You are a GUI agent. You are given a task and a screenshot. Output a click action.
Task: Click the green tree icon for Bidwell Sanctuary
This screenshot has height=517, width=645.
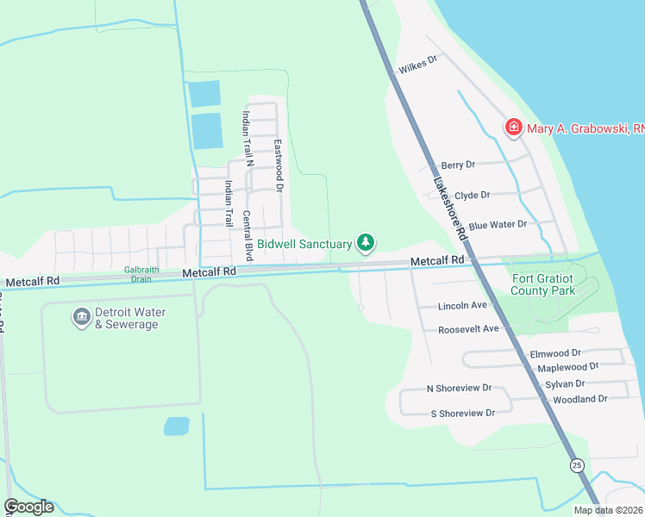pyautogui.click(x=366, y=243)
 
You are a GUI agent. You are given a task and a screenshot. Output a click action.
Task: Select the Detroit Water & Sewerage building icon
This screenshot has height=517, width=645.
pyautogui.click(x=82, y=317)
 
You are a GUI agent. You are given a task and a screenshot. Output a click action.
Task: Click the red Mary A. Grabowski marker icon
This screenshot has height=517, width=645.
pyautogui.click(x=513, y=128)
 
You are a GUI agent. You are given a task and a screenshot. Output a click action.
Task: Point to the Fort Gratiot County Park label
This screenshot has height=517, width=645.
pyautogui.click(x=543, y=284)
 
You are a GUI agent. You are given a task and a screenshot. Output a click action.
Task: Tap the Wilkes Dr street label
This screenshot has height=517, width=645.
pyautogui.click(x=418, y=65)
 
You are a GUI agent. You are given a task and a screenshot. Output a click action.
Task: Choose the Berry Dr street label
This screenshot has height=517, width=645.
pyautogui.click(x=458, y=165)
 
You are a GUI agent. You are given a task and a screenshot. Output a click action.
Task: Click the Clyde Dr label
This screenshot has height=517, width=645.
pyautogui.click(x=472, y=196)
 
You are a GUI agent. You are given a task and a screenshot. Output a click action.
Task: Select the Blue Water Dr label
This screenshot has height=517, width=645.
pyautogui.click(x=498, y=224)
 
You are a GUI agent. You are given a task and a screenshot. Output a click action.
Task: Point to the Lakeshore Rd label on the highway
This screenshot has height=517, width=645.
pyautogui.click(x=449, y=208)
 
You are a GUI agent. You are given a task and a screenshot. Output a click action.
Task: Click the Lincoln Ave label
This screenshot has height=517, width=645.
pyautogui.click(x=462, y=306)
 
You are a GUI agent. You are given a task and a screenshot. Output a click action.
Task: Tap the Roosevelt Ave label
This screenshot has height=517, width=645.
pyautogui.click(x=468, y=329)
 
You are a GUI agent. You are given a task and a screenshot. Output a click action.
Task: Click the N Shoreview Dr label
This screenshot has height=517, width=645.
pyautogui.click(x=460, y=389)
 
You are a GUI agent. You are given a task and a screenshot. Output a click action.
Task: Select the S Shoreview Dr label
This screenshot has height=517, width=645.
pyautogui.click(x=462, y=413)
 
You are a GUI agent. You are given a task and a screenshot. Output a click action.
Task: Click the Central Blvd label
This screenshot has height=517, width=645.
pyautogui.click(x=247, y=235)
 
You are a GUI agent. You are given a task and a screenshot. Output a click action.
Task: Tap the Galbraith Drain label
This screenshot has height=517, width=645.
pyautogui.click(x=138, y=273)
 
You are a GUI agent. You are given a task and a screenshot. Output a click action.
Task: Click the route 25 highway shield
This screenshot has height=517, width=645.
pyautogui.click(x=574, y=465)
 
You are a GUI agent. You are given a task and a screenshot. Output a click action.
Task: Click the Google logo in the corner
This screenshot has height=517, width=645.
pyautogui.click(x=28, y=507)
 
